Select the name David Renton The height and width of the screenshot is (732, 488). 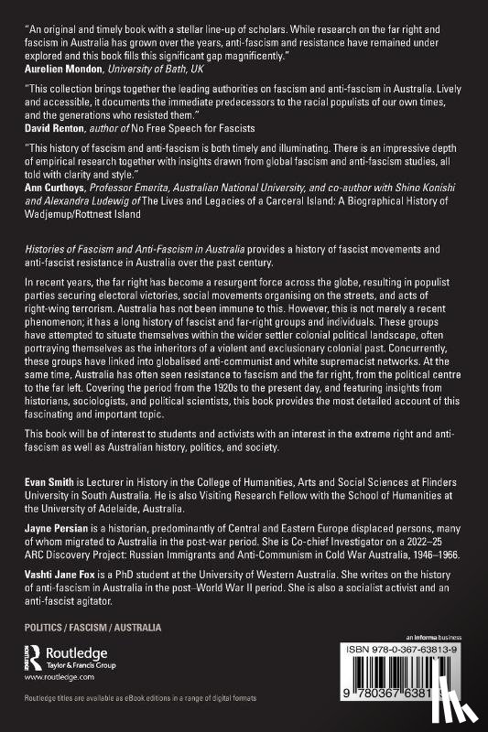[53, 153]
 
